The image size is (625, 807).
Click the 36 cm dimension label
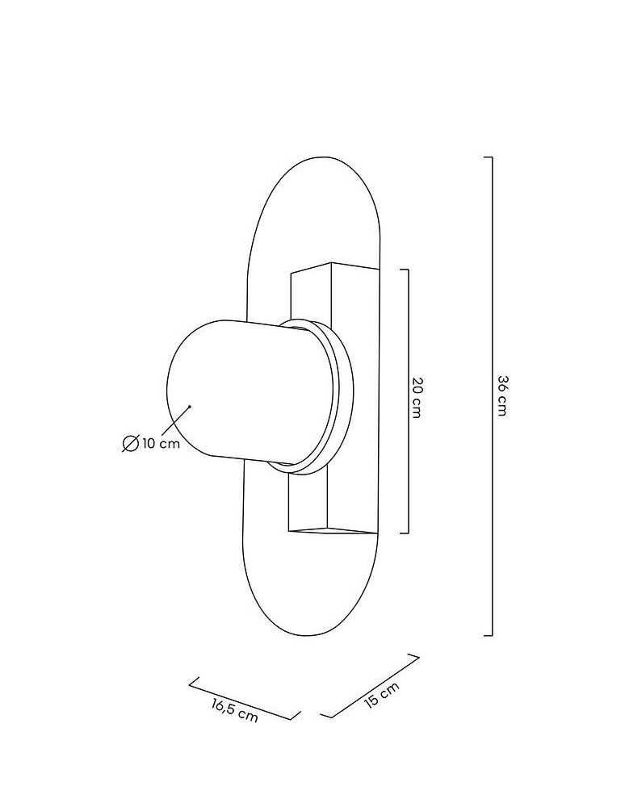coord(501,395)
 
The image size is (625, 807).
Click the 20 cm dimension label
coord(416,396)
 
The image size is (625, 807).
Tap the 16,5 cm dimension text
coord(235,710)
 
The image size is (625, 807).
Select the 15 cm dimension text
coord(382,695)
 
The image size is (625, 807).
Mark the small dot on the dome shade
coord(189,406)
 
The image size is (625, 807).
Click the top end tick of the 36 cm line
coord(488,157)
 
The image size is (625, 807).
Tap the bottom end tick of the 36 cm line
coord(488,635)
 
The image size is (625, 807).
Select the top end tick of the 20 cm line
coord(405,270)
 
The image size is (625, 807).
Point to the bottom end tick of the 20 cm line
coord(405,533)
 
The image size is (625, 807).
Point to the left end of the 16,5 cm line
coord(191,683)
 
